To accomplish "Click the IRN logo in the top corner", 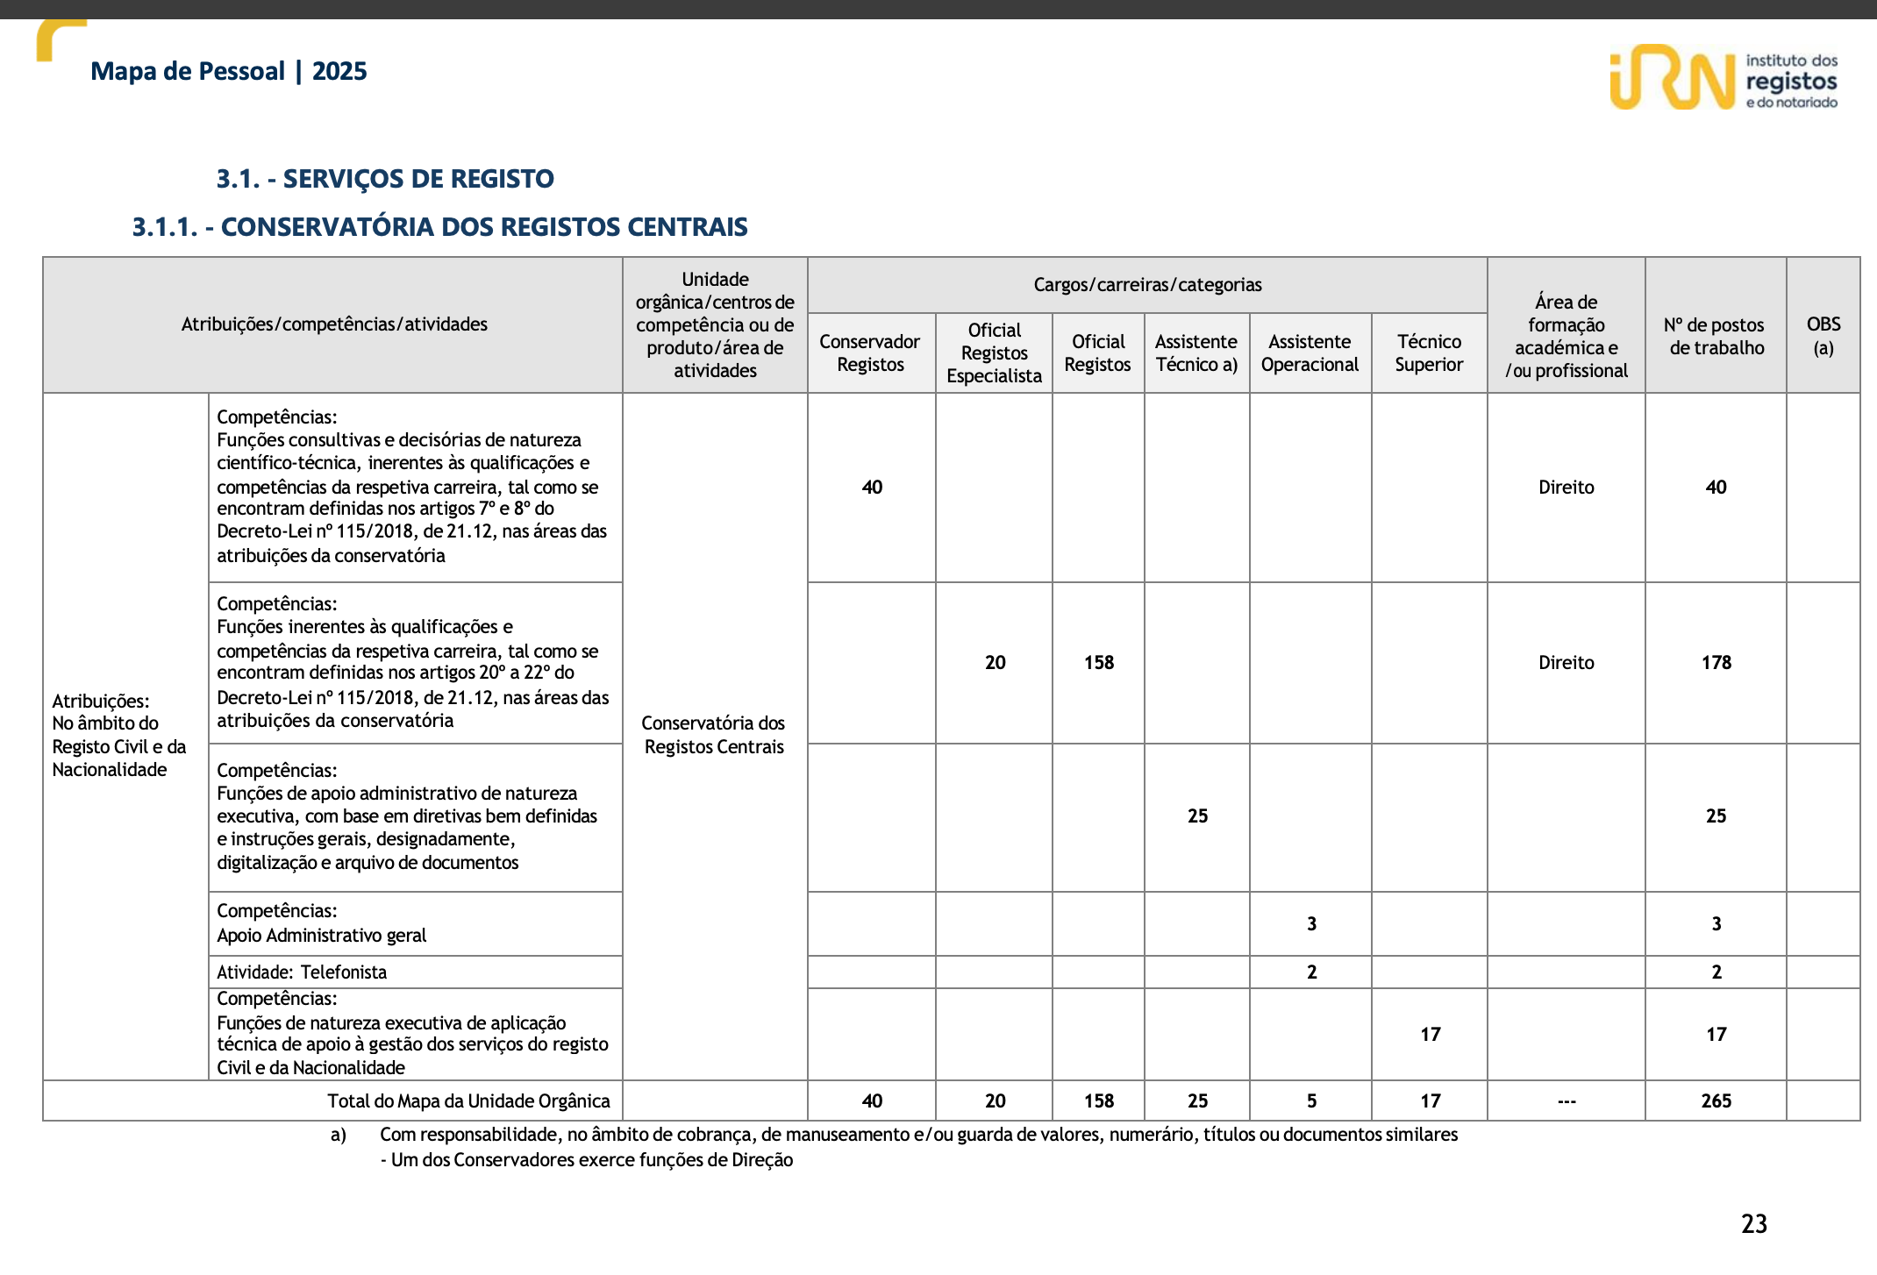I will (1722, 78).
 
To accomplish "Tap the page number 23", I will (1753, 1224).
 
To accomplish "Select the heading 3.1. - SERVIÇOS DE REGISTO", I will (385, 179).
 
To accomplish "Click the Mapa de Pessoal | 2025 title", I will (228, 71).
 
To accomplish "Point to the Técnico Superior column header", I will (1429, 353).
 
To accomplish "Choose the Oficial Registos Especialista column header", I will (994, 353).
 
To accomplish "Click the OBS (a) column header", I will (1823, 336).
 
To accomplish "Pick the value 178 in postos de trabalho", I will (1716, 663).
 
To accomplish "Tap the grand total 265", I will (1716, 1101).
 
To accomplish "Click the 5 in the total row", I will (1311, 1101).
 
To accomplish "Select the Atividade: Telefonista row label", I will (302, 972).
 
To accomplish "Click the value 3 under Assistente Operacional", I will (1311, 924).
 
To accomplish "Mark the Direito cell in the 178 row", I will (1566, 663).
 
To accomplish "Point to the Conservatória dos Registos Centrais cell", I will (714, 735).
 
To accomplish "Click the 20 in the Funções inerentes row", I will (995, 663).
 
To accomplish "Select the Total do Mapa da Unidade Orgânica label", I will (468, 1101).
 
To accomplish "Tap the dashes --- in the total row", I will (1567, 1101).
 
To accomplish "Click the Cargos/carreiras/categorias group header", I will (1146, 285).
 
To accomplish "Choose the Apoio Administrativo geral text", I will (321, 936).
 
